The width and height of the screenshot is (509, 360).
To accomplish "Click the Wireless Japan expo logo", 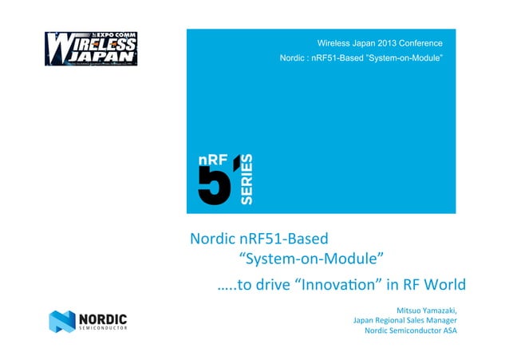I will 90,48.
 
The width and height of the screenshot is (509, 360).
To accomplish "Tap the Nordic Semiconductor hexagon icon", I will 61,322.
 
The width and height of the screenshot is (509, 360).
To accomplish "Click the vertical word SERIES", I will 247,179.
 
